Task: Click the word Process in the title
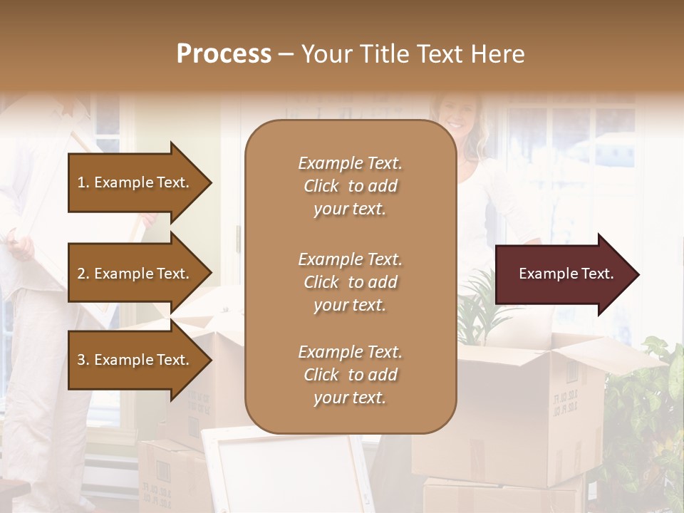(x=224, y=54)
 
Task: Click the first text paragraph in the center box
(x=350, y=186)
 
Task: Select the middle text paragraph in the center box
(x=350, y=282)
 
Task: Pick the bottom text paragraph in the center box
(x=350, y=375)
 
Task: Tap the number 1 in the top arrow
(x=82, y=182)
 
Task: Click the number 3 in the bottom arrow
(x=82, y=360)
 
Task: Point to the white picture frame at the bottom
(x=285, y=470)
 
